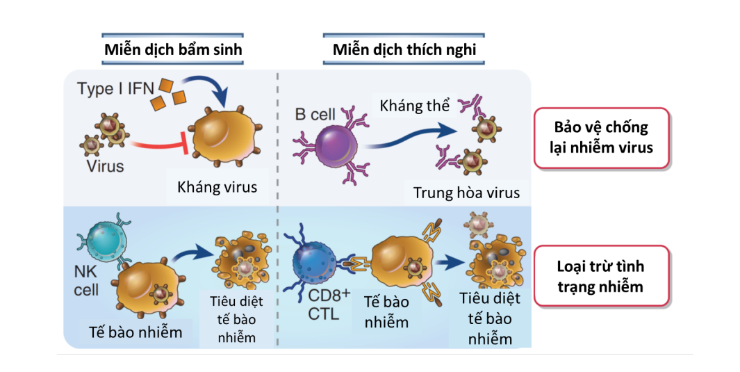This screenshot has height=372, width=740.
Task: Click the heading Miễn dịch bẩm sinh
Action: (173, 49)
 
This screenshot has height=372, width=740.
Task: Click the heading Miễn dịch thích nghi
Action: (404, 49)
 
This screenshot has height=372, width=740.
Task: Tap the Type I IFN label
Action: (115, 89)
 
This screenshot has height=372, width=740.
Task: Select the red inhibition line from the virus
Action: (160, 145)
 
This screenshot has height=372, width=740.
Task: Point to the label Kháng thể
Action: (414, 106)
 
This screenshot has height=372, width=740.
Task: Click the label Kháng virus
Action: (217, 187)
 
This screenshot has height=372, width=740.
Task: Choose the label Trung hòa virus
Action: (466, 193)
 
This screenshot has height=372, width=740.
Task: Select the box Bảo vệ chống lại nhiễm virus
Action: (601, 138)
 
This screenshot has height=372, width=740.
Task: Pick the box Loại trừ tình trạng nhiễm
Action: (601, 276)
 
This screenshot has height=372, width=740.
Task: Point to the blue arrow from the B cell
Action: (410, 137)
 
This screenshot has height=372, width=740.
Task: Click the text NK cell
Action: (86, 280)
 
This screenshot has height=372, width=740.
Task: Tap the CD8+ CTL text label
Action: (329, 304)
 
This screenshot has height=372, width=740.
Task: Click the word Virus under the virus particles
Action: (105, 166)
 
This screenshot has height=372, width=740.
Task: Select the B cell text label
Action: (315, 114)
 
